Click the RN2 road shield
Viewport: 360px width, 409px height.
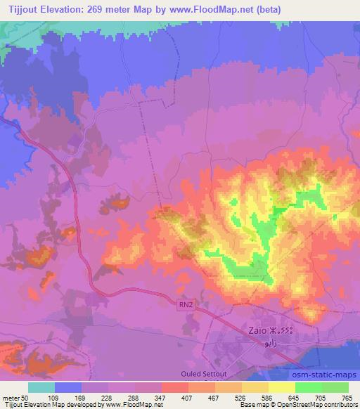click(185, 303)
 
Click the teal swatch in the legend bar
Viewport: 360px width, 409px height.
click(41, 387)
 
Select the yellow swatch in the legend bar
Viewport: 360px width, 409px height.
click(282, 387)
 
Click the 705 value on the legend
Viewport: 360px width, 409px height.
click(321, 398)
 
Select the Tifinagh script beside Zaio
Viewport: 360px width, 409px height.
click(283, 329)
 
